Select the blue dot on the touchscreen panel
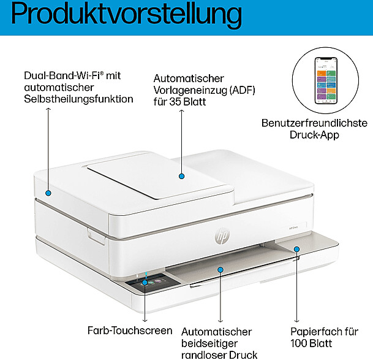[x=145, y=283]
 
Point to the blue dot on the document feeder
[x=181, y=176]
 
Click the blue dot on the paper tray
[x=297, y=249]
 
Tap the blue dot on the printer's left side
[x=48, y=193]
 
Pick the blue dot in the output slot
[x=220, y=268]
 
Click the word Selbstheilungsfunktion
[x=78, y=98]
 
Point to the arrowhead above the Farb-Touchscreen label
[x=145, y=319]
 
